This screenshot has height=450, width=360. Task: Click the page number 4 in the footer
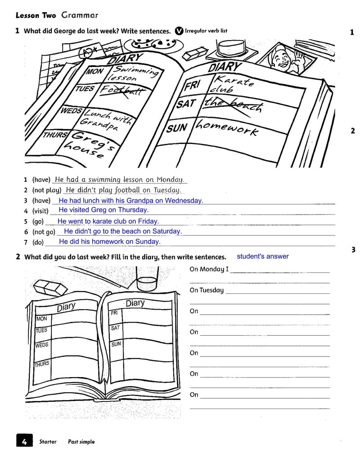pos(24,441)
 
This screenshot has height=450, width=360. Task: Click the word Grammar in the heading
pos(80,15)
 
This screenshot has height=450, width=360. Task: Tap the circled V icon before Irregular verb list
pos(179,31)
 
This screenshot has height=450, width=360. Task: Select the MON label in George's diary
pos(95,71)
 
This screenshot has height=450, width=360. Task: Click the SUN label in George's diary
pos(177,128)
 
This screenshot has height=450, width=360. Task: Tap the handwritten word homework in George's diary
pos(227,128)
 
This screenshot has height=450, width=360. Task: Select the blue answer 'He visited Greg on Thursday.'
pos(103,210)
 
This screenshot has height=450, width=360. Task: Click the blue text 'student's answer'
pos(263,256)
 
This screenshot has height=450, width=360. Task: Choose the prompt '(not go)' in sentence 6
pos(44,232)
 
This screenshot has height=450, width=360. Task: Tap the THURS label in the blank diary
pos(42,364)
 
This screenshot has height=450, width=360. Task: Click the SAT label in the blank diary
pos(115,328)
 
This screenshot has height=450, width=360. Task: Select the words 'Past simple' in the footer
pos(81,442)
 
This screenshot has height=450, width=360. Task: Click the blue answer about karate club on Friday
pos(108,221)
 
